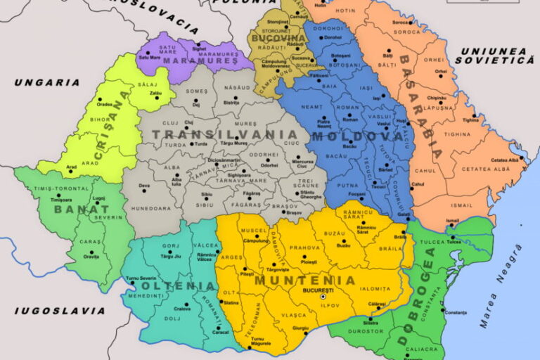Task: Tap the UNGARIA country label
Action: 47,82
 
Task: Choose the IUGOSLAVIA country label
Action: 60,310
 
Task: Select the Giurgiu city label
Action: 301,328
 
